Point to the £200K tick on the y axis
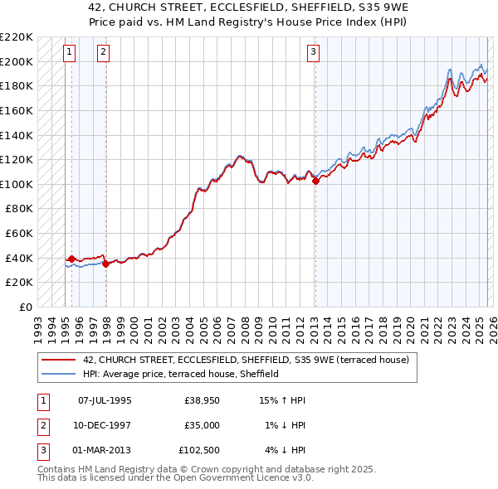click(17, 61)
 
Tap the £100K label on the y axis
click(17, 184)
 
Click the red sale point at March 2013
click(315, 182)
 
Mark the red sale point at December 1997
click(106, 264)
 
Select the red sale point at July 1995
click(72, 259)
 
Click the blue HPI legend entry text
click(180, 374)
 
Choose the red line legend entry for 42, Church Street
click(246, 361)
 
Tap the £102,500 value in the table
click(200, 450)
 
